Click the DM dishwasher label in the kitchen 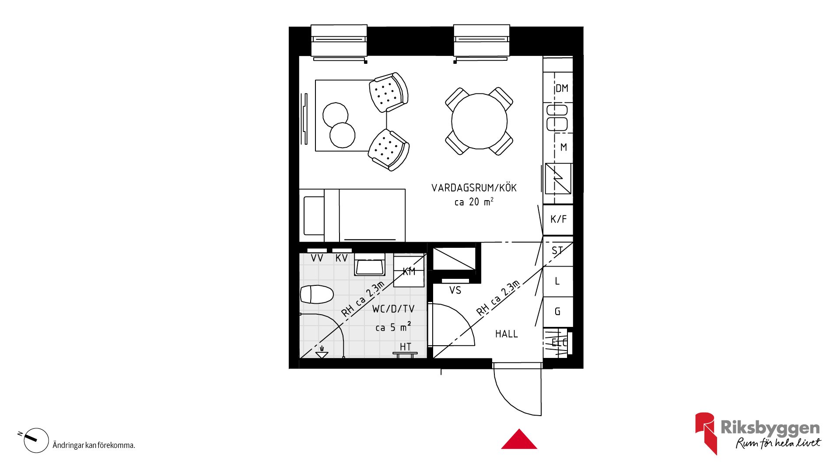(x=562, y=88)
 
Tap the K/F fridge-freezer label (x=559, y=219)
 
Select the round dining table (x=479, y=121)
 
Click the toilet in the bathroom (x=317, y=294)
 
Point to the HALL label (x=507, y=334)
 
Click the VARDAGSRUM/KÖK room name (x=474, y=188)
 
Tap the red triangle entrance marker (x=519, y=439)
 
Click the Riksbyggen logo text (x=770, y=428)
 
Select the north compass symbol (x=35, y=440)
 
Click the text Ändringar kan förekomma (x=94, y=445)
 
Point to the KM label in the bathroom (x=409, y=271)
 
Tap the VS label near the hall (x=455, y=290)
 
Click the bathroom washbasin (x=370, y=264)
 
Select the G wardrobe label (x=558, y=312)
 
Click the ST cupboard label (x=557, y=251)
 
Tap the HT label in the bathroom (x=406, y=347)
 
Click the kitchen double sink (x=557, y=118)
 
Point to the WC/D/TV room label (x=393, y=309)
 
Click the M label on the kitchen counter (x=563, y=147)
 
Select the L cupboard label (x=557, y=281)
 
